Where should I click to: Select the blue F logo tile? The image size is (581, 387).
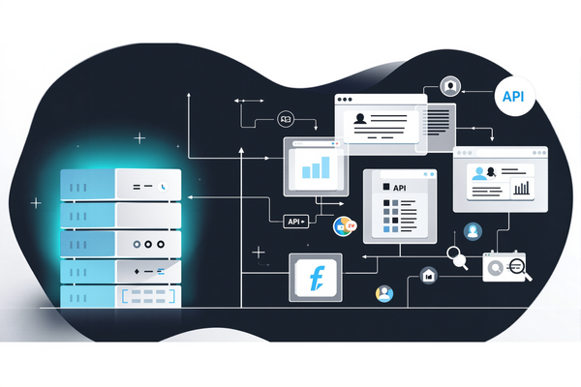pyautogui.click(x=317, y=277)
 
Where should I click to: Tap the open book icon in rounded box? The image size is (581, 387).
pyautogui.click(x=287, y=119)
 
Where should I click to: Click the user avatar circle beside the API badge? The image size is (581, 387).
pyautogui.click(x=448, y=86)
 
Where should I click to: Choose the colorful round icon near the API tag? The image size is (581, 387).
pyautogui.click(x=342, y=226)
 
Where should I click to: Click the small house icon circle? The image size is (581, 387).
pyautogui.click(x=429, y=277)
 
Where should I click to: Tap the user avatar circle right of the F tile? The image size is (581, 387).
pyautogui.click(x=385, y=293)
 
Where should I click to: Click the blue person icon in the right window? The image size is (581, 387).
pyautogui.click(x=477, y=173)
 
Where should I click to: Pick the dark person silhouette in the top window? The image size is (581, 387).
pyautogui.click(x=360, y=120)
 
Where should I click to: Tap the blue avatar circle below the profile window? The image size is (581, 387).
pyautogui.click(x=473, y=231)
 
